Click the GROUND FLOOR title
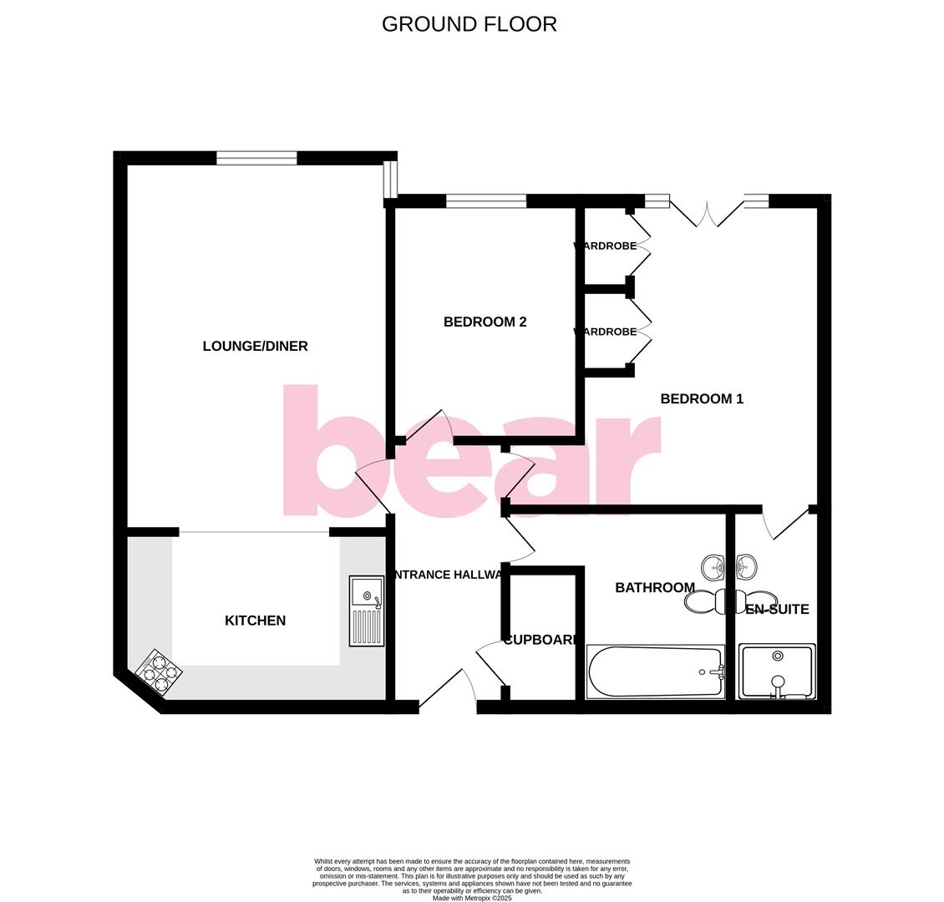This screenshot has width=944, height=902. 469,24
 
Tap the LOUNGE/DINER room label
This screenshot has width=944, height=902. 255,346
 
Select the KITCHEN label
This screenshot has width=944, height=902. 255,621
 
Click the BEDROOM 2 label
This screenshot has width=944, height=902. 485,322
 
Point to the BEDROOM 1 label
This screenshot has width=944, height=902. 702,398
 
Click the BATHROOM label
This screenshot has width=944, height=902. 655,587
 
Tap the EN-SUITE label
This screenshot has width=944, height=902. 777,610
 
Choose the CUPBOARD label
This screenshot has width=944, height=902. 541,640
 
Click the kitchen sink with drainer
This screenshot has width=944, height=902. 367,611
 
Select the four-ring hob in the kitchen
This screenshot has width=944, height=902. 159,672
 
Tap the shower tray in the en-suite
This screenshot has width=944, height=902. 777,671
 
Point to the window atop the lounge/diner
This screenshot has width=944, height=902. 256,158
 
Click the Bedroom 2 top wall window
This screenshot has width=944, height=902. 486,200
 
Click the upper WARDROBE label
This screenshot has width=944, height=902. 605,246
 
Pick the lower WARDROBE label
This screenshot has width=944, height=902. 605,332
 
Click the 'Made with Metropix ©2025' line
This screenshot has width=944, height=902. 472,898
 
